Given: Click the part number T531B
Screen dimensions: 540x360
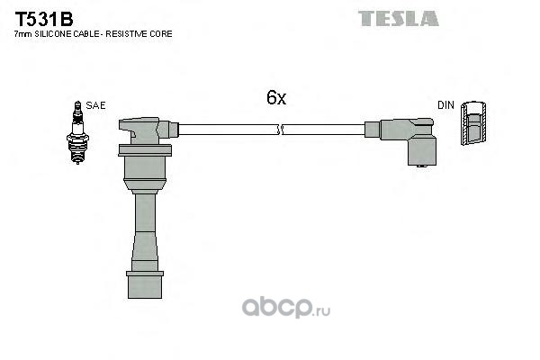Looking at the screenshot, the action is pos(44,19).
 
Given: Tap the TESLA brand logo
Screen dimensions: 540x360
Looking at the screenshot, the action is pos(398,19).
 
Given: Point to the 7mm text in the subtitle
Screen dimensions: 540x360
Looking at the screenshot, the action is pos(23,34).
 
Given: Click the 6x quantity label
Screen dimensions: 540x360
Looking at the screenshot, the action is pos(276,97).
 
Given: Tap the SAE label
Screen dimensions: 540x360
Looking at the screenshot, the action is pos(95,105).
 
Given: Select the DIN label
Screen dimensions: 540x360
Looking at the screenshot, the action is pos(445,105).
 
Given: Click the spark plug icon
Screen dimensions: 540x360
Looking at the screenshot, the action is pos(77,132).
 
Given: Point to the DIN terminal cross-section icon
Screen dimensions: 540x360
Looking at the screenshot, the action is pos(474,123).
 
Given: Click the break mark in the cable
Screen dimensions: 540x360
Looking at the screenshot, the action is pos(280,130).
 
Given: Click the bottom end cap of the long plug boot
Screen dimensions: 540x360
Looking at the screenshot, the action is pos(145,284).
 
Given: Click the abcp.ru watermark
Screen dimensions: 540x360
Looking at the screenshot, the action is pos(286,307).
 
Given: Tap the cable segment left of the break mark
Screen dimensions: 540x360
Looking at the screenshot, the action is pos(228,130).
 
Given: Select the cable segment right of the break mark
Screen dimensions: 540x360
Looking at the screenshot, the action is pos(324,130).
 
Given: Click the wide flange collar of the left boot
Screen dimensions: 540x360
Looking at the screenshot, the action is pos(145,151).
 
